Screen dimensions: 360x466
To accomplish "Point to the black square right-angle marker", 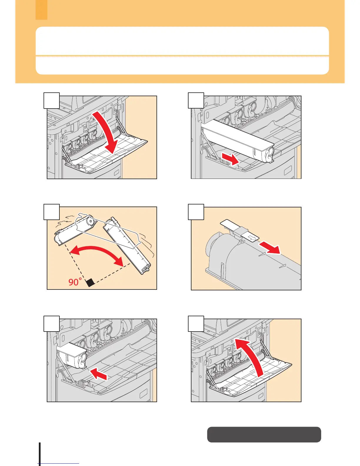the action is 90,282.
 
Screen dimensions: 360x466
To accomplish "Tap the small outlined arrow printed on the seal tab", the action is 251,237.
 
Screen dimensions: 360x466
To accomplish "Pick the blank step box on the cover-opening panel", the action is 52,100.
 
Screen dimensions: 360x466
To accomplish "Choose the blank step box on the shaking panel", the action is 52,212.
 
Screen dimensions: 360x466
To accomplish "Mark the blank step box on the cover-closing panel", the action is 196,324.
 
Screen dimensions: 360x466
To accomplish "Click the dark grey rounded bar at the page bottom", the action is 264,435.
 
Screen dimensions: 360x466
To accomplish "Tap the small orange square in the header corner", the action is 41,10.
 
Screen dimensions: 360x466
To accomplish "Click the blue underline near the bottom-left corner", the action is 59,464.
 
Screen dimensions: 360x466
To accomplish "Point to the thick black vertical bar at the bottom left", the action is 39,453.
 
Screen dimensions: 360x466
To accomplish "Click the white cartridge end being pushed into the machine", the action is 72,355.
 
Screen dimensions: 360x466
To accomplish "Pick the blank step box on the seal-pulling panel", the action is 196,212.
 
